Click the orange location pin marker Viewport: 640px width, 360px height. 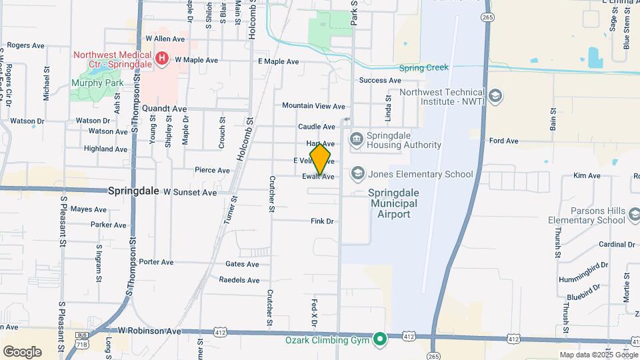tap(320, 159)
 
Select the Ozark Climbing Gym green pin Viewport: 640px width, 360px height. tap(380, 340)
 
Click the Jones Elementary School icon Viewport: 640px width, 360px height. tap(358, 174)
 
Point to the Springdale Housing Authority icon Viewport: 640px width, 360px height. tap(357, 139)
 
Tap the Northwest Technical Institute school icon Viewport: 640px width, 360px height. tap(495, 97)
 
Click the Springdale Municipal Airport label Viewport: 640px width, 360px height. tap(393, 203)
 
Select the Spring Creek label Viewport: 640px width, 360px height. tap(424, 68)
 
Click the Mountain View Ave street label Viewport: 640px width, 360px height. tap(313, 106)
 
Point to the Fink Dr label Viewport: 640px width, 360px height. tap(322, 221)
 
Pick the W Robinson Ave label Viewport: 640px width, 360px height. tap(149, 331)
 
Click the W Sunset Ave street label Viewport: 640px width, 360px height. tap(190, 192)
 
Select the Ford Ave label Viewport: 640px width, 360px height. tap(503, 141)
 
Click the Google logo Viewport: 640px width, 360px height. tap(22, 352)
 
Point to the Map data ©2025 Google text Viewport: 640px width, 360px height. tap(598, 355)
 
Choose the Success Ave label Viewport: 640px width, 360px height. tap(380, 81)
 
